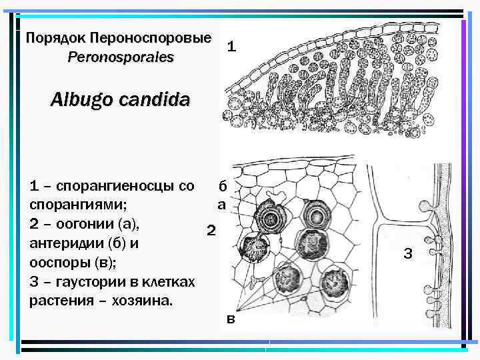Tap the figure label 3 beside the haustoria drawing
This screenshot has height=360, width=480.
click(408, 253)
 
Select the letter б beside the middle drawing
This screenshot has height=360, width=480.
click(223, 186)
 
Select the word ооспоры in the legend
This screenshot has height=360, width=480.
click(59, 262)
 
